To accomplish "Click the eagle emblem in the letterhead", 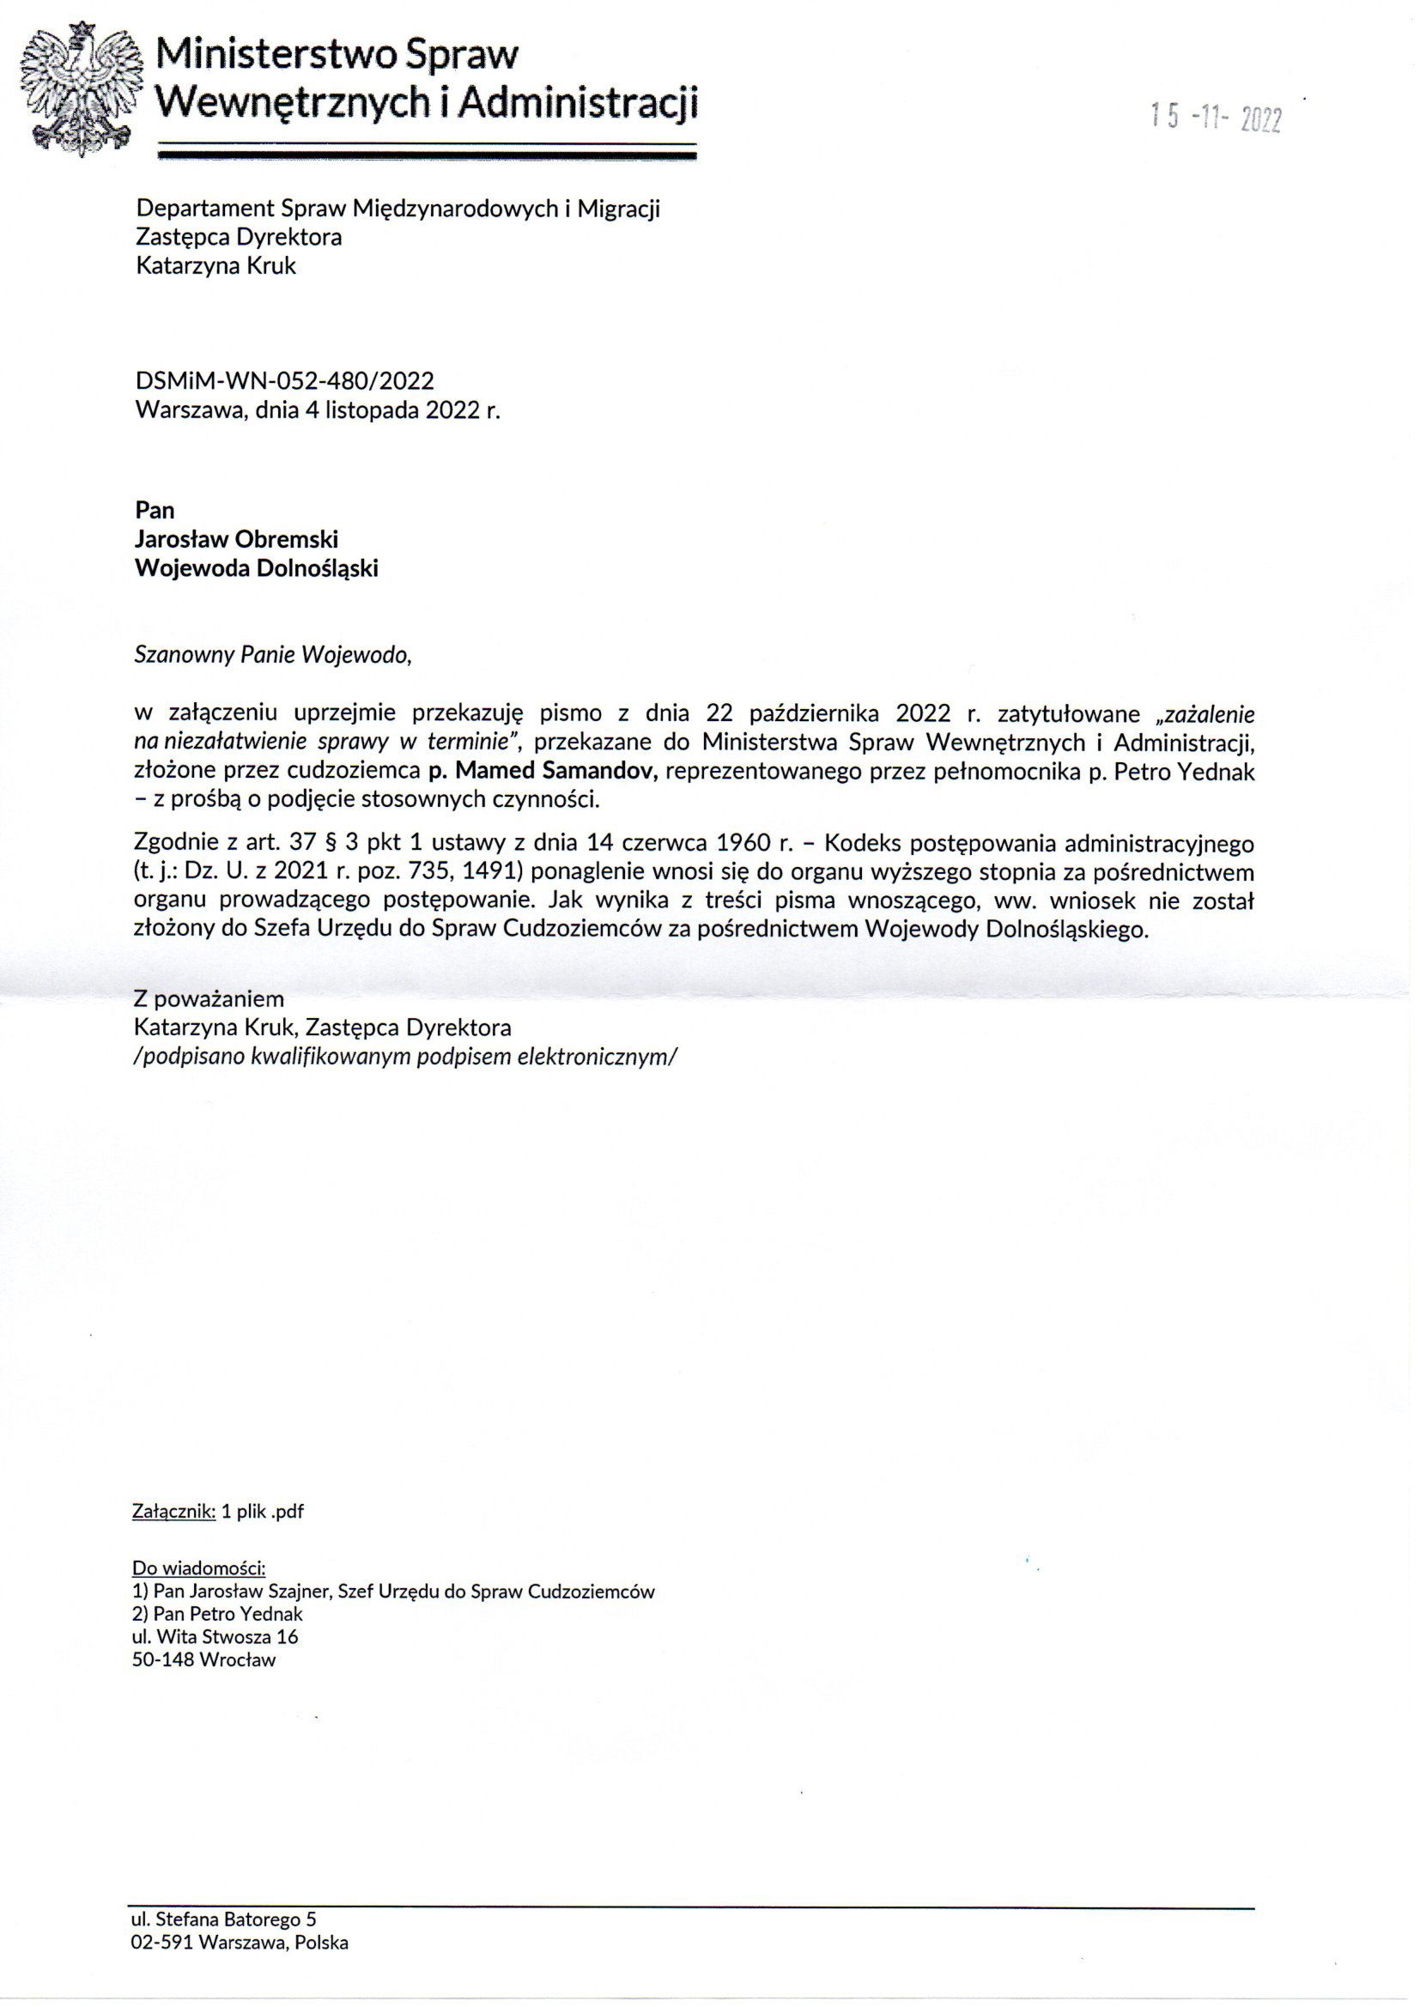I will pyautogui.click(x=82, y=89).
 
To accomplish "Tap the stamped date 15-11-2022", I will pyautogui.click(x=1216, y=117).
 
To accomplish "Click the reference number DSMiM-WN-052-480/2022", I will pyautogui.click(x=284, y=381).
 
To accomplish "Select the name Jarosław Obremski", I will pyautogui.click(x=236, y=539).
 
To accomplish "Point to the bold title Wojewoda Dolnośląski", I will pyautogui.click(x=256, y=568).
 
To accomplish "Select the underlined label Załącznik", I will pyautogui.click(x=173, y=1512).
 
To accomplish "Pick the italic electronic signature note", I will pyautogui.click(x=406, y=1056).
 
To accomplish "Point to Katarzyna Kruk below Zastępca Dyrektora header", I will pyautogui.click(x=216, y=266).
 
